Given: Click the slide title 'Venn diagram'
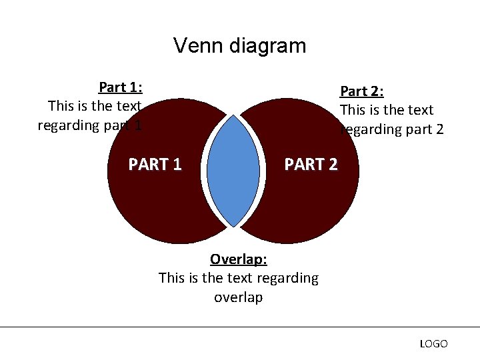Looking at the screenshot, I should pyautogui.click(x=239, y=45).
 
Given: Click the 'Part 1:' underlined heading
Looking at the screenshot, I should pyautogui.click(x=121, y=87).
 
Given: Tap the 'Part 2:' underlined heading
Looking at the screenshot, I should pyautogui.click(x=361, y=91).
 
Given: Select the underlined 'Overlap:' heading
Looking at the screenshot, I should pyautogui.click(x=238, y=259).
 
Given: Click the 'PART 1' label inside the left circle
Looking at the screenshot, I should pyautogui.click(x=155, y=164).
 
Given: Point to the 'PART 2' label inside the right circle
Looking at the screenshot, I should pyautogui.click(x=311, y=164).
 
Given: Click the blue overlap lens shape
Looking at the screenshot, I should pyautogui.click(x=233, y=171).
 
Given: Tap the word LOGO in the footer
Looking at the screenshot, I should pyautogui.click(x=433, y=344).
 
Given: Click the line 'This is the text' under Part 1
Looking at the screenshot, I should pyautogui.click(x=95, y=106).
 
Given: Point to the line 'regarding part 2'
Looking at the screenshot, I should pyautogui.click(x=392, y=129).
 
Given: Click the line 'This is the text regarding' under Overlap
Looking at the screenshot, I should pyautogui.click(x=238, y=277).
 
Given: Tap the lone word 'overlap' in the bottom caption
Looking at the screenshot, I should pyautogui.click(x=238, y=297).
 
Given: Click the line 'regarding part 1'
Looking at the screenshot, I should pyautogui.click(x=89, y=125).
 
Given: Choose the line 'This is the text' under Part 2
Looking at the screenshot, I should pyautogui.click(x=387, y=110).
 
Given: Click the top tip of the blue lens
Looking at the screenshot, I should pyautogui.click(x=233, y=117).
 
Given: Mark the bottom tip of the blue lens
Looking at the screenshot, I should pyautogui.click(x=233, y=226).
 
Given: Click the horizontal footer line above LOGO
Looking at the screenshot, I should pyautogui.click(x=240, y=327).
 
